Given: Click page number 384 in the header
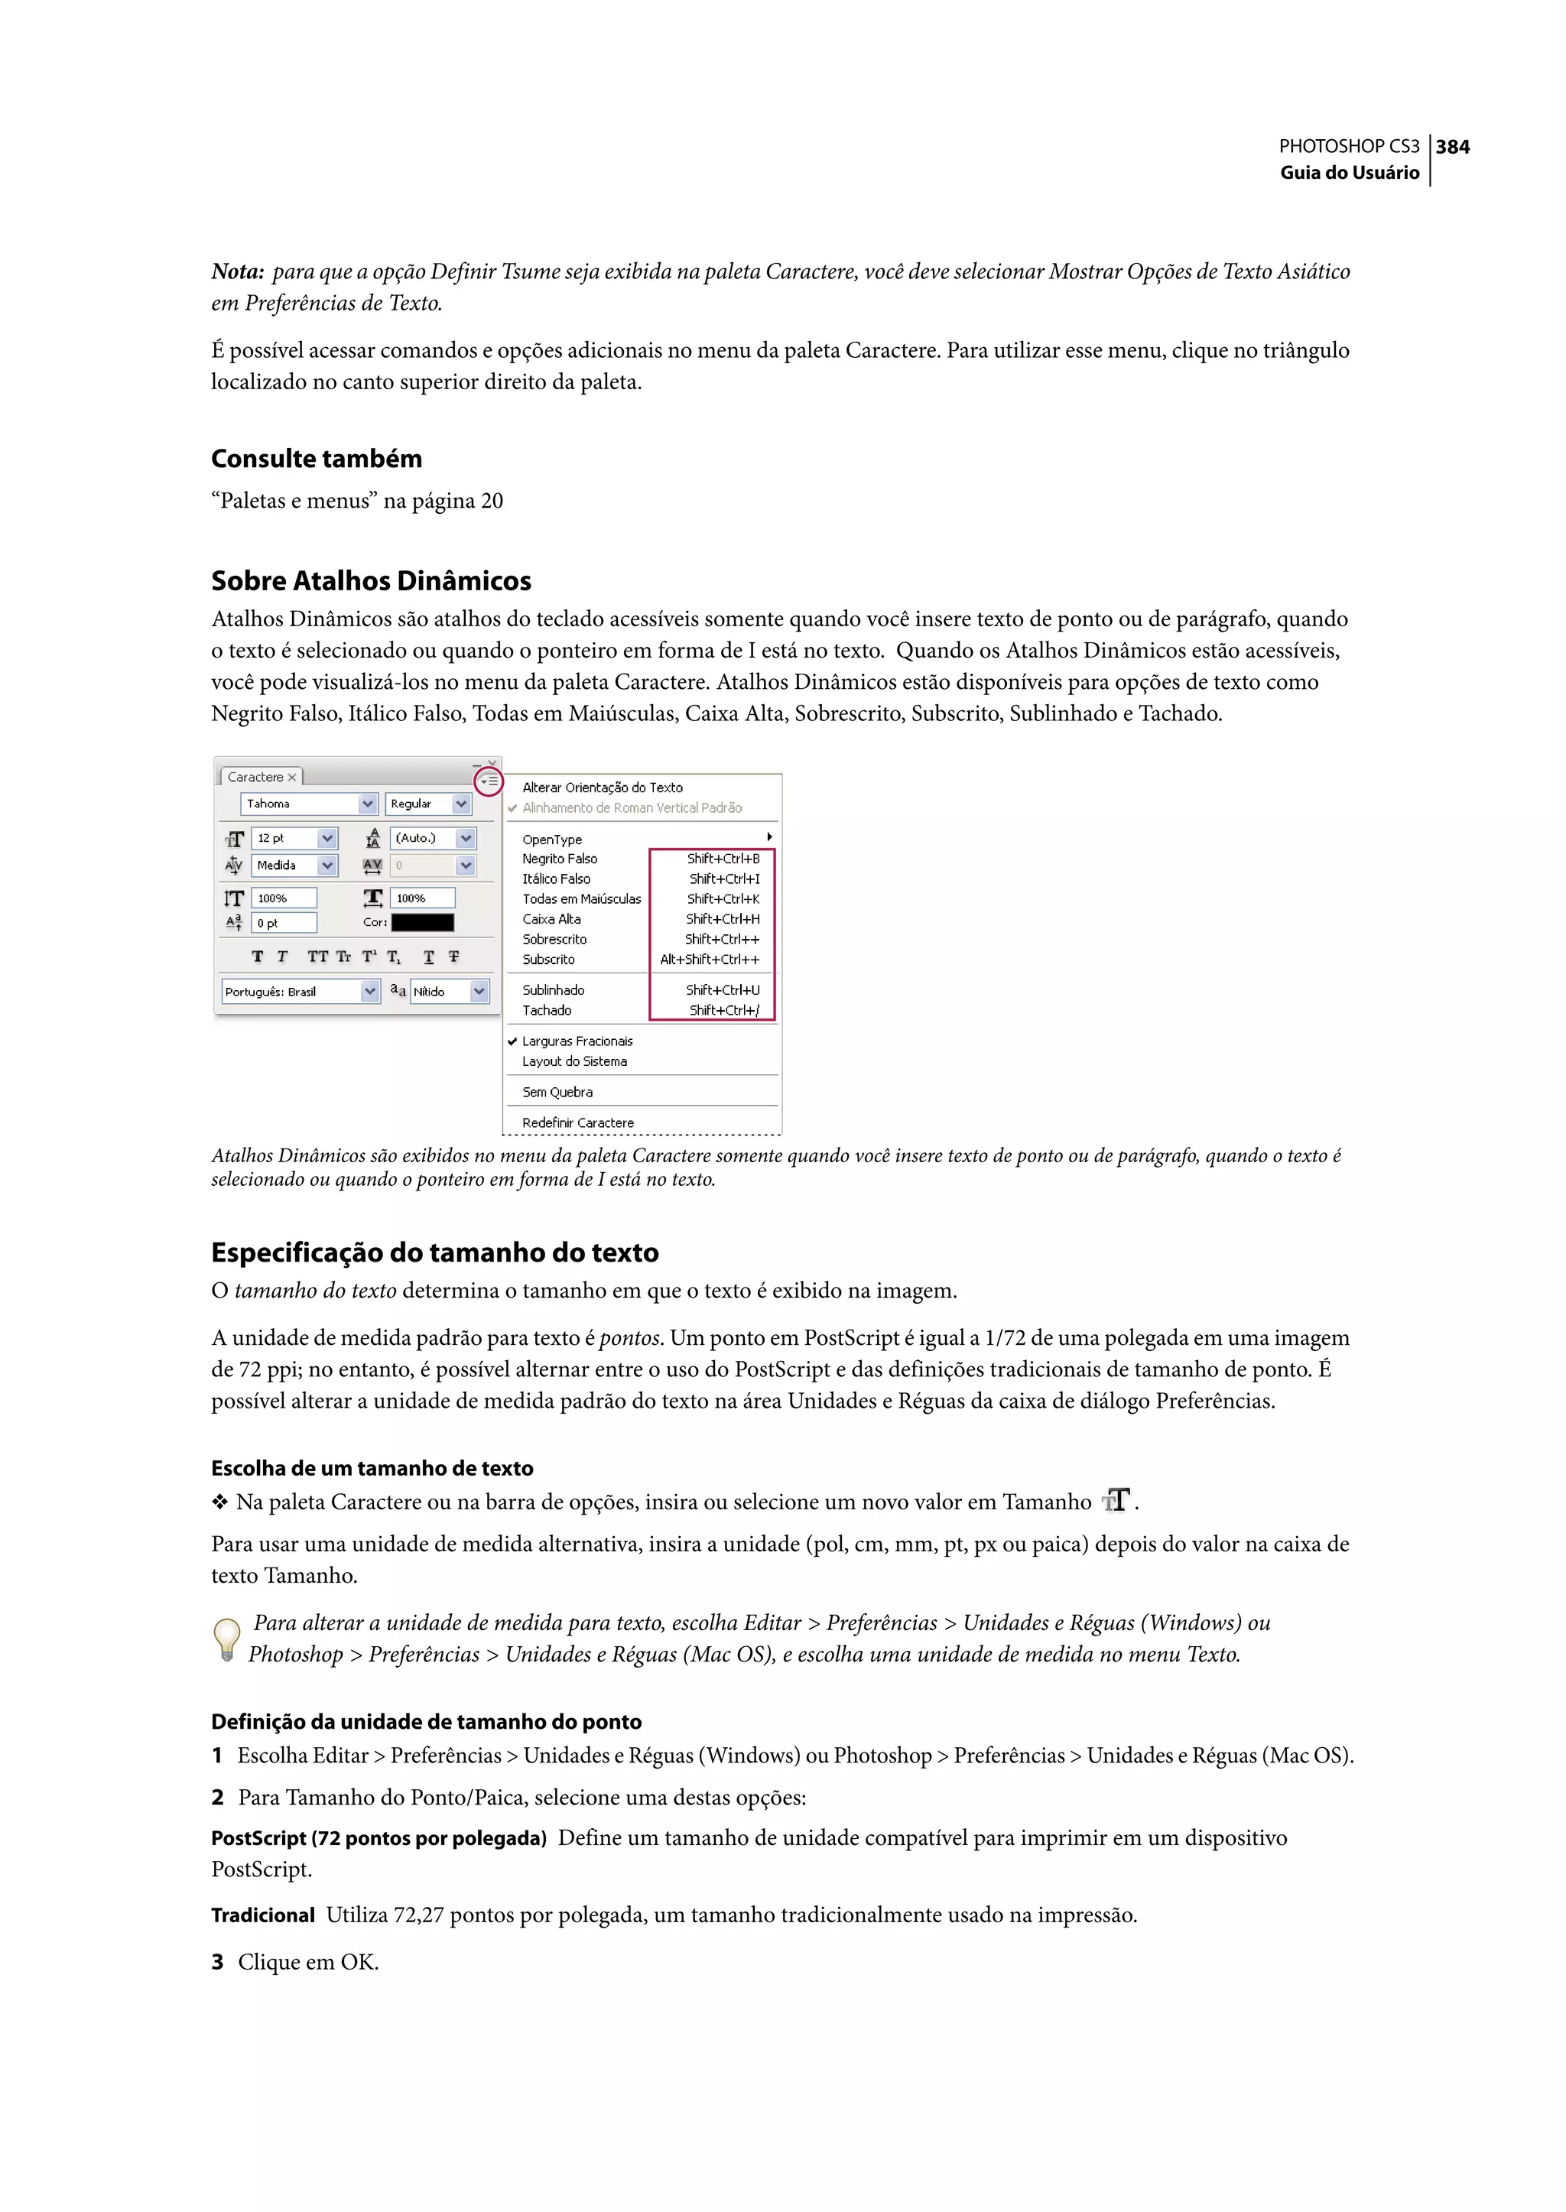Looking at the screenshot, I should click(x=1452, y=147).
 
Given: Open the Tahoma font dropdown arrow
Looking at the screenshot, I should click(x=367, y=804).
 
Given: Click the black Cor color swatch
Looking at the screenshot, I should click(x=422, y=923).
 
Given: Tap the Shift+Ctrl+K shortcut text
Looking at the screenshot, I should click(x=723, y=898).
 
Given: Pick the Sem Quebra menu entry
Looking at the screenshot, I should click(x=557, y=1092).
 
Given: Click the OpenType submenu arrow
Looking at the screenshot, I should click(x=768, y=837).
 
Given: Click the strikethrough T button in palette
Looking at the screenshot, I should click(x=453, y=957).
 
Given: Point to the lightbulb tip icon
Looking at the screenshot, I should click(x=226, y=1639).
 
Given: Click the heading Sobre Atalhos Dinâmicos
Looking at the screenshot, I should click(x=372, y=580).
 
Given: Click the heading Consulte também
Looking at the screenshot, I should click(x=317, y=459).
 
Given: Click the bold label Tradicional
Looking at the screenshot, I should click(x=262, y=1915).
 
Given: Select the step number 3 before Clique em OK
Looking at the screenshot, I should click(x=217, y=1962).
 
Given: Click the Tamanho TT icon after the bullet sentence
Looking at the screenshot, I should click(x=1116, y=1500).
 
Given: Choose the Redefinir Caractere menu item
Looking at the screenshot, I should click(x=577, y=1122).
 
